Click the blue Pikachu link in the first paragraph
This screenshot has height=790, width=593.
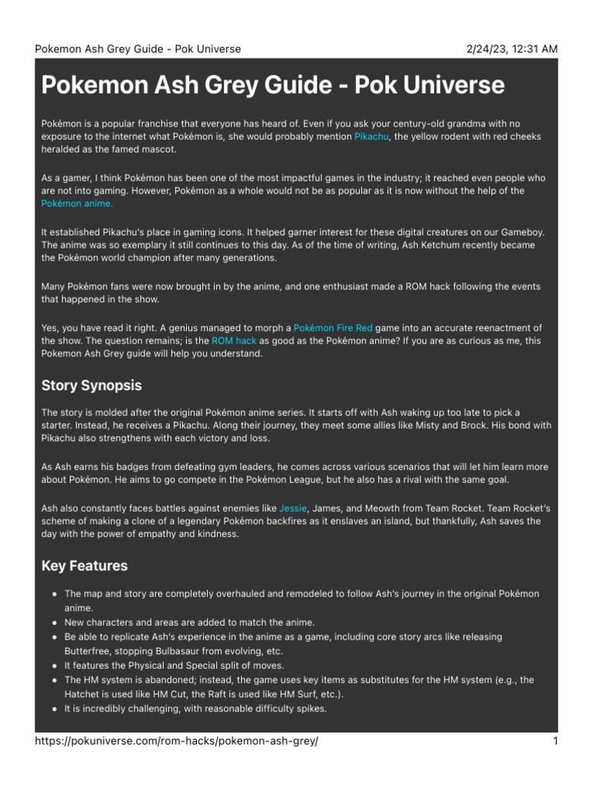(x=372, y=137)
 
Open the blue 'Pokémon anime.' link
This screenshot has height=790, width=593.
(x=77, y=204)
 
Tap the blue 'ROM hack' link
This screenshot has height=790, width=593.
(x=234, y=340)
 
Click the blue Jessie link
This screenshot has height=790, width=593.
(x=293, y=509)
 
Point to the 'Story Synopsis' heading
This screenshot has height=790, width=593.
(x=91, y=385)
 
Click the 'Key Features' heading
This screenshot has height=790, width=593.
(x=84, y=565)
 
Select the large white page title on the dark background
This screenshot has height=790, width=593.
(x=273, y=85)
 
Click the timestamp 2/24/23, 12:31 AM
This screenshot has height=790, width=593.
(x=511, y=49)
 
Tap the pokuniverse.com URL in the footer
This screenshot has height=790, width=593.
(x=177, y=741)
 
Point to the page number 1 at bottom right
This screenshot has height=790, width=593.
(x=554, y=741)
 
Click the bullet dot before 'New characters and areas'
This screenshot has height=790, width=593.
(x=53, y=623)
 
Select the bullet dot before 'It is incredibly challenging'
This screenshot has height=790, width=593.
(x=53, y=708)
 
